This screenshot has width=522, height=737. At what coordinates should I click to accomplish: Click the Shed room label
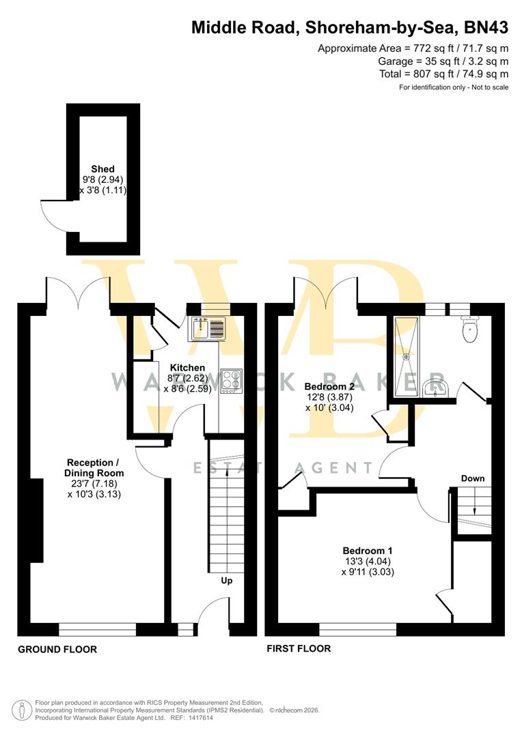(103, 169)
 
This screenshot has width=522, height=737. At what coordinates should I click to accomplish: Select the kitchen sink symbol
(208, 328)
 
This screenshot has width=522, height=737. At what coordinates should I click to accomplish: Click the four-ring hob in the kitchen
(232, 380)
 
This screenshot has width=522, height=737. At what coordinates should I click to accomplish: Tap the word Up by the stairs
(226, 581)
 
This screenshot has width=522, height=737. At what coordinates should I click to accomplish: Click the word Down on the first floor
(472, 478)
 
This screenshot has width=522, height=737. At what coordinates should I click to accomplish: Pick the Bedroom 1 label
(368, 550)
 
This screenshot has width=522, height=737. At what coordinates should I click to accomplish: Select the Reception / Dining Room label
(94, 467)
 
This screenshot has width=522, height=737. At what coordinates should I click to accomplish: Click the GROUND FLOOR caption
(57, 649)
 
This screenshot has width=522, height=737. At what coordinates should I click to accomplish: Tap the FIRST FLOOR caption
(299, 648)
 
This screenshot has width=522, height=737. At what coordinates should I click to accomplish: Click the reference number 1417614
(200, 717)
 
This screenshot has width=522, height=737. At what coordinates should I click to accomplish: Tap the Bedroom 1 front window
(357, 628)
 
